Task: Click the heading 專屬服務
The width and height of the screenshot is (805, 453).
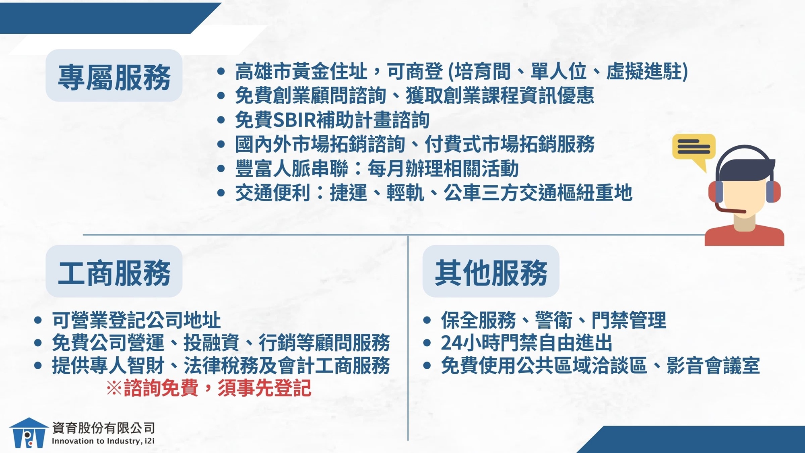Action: click(x=114, y=77)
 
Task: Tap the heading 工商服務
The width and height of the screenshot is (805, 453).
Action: click(x=114, y=273)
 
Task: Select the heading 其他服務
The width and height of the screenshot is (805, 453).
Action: click(x=491, y=273)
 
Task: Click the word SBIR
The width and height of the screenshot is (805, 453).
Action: click(x=294, y=120)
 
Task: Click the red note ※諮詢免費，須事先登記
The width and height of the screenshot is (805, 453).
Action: click(x=209, y=388)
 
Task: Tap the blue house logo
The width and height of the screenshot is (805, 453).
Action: click(x=29, y=433)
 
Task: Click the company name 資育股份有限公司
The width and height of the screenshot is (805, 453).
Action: click(x=103, y=428)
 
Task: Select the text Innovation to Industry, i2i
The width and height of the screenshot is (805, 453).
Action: click(x=103, y=441)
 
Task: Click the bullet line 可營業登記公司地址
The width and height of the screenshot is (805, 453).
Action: click(x=136, y=320)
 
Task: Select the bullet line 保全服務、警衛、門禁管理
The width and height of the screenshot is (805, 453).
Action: click(x=553, y=320)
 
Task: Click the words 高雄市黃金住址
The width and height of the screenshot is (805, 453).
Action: click(x=301, y=71)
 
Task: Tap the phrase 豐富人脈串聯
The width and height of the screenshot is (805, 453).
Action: click(x=291, y=168)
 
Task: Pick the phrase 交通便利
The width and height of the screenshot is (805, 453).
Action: click(x=272, y=192)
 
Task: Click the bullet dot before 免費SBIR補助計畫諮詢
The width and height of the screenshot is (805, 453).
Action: click(x=221, y=120)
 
